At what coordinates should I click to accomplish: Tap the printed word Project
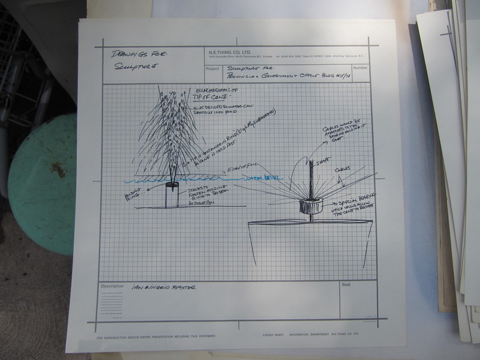tap(212, 69)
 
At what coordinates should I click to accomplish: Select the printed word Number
tap(361, 68)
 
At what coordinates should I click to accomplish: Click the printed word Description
tap(112, 286)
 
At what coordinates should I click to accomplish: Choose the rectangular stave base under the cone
tap(172, 196)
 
